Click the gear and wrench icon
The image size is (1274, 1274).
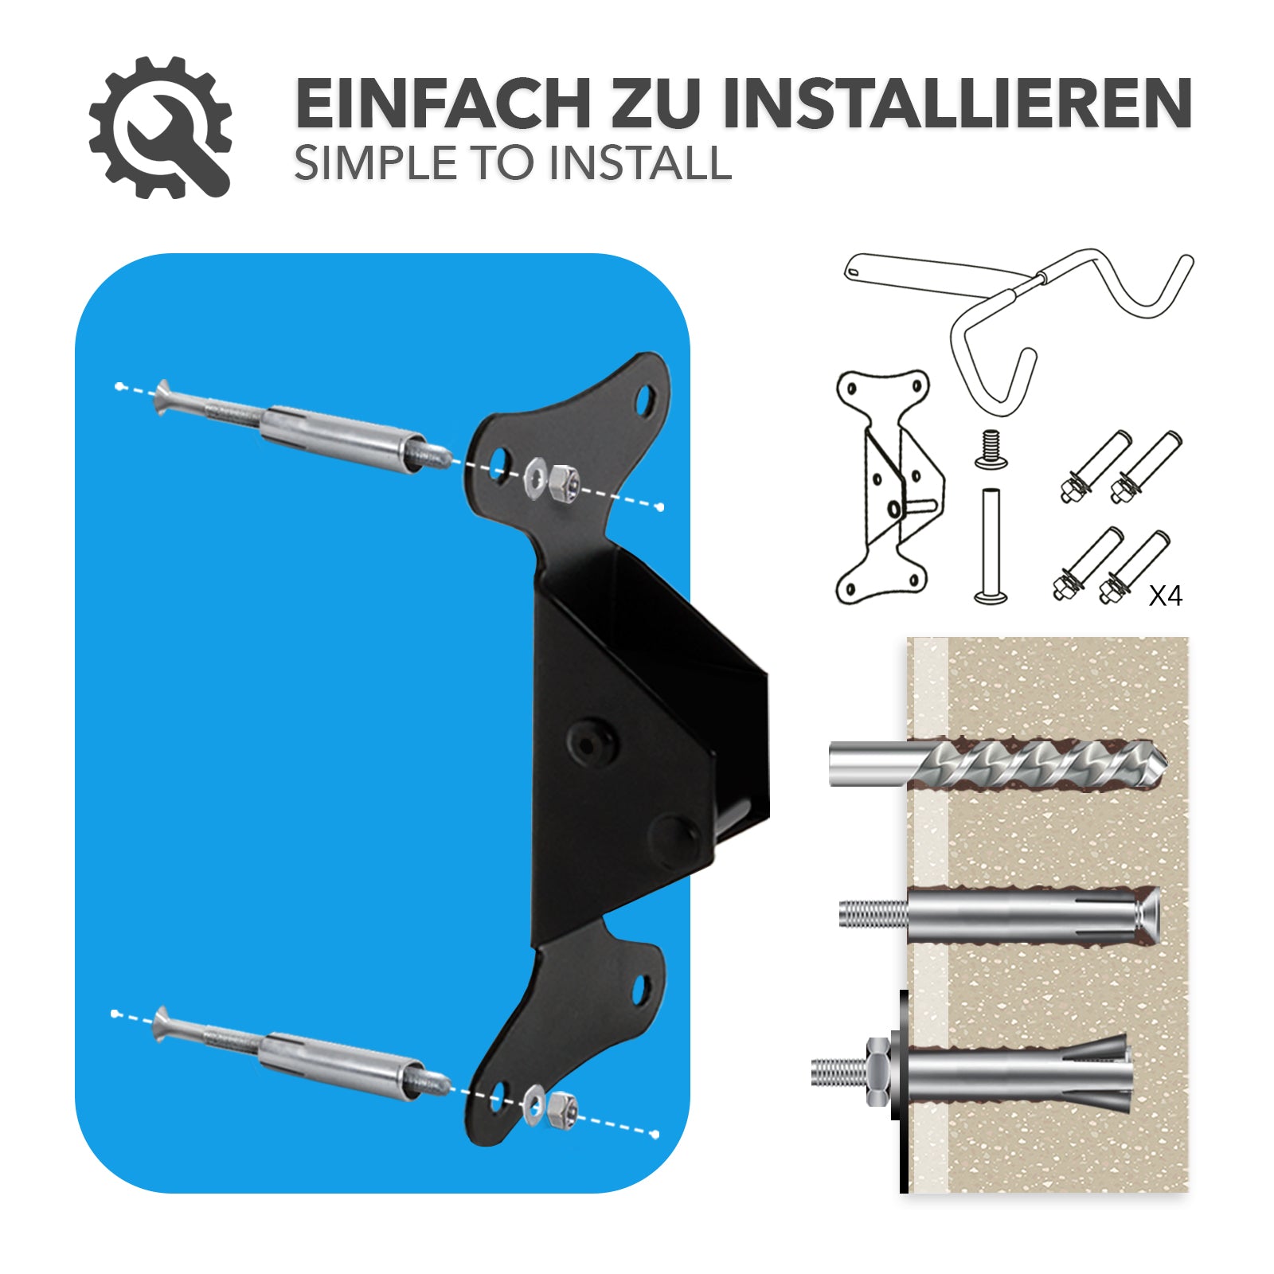pyautogui.click(x=160, y=127)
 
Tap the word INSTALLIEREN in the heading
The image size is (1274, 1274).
pyautogui.click(x=957, y=104)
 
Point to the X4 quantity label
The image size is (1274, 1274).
pyautogui.click(x=1165, y=596)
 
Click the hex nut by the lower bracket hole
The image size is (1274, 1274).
pyautogui.click(x=562, y=1109)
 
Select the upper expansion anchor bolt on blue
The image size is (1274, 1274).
pyautogui.click(x=303, y=428)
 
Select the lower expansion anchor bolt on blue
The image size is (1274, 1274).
pyautogui.click(x=303, y=1055)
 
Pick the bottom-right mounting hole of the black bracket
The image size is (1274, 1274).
pyautogui.click(x=640, y=990)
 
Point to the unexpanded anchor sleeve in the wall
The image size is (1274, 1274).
pyautogui.click(x=1033, y=916)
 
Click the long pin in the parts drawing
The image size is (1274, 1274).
pyautogui.click(x=990, y=546)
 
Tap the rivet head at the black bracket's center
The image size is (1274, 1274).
pyautogui.click(x=591, y=744)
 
